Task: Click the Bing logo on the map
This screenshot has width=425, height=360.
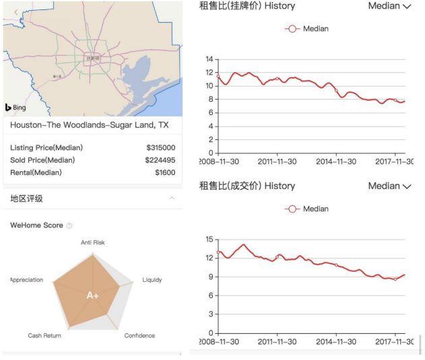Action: click(17, 108)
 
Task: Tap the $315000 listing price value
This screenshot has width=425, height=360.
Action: click(161, 148)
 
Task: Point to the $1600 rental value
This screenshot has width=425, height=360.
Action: click(165, 173)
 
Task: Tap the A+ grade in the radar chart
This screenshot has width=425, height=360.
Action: click(93, 295)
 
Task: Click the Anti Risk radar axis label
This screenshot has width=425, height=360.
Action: click(93, 242)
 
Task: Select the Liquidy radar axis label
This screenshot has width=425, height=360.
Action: click(152, 280)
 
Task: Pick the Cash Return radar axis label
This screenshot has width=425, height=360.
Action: click(44, 335)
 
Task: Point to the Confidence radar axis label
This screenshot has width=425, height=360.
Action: click(139, 335)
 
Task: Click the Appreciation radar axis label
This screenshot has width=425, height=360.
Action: click(27, 280)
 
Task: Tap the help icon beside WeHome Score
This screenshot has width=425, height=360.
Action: click(69, 225)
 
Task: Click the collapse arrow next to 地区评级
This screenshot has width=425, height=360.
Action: click(172, 199)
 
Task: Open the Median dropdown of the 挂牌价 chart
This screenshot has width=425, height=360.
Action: click(389, 6)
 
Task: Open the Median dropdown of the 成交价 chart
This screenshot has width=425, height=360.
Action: click(389, 186)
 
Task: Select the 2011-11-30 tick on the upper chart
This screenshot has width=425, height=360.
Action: click(277, 161)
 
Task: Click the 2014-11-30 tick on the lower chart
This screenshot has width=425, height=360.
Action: click(336, 342)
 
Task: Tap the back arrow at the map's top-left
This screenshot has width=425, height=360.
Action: click(15, 11)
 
